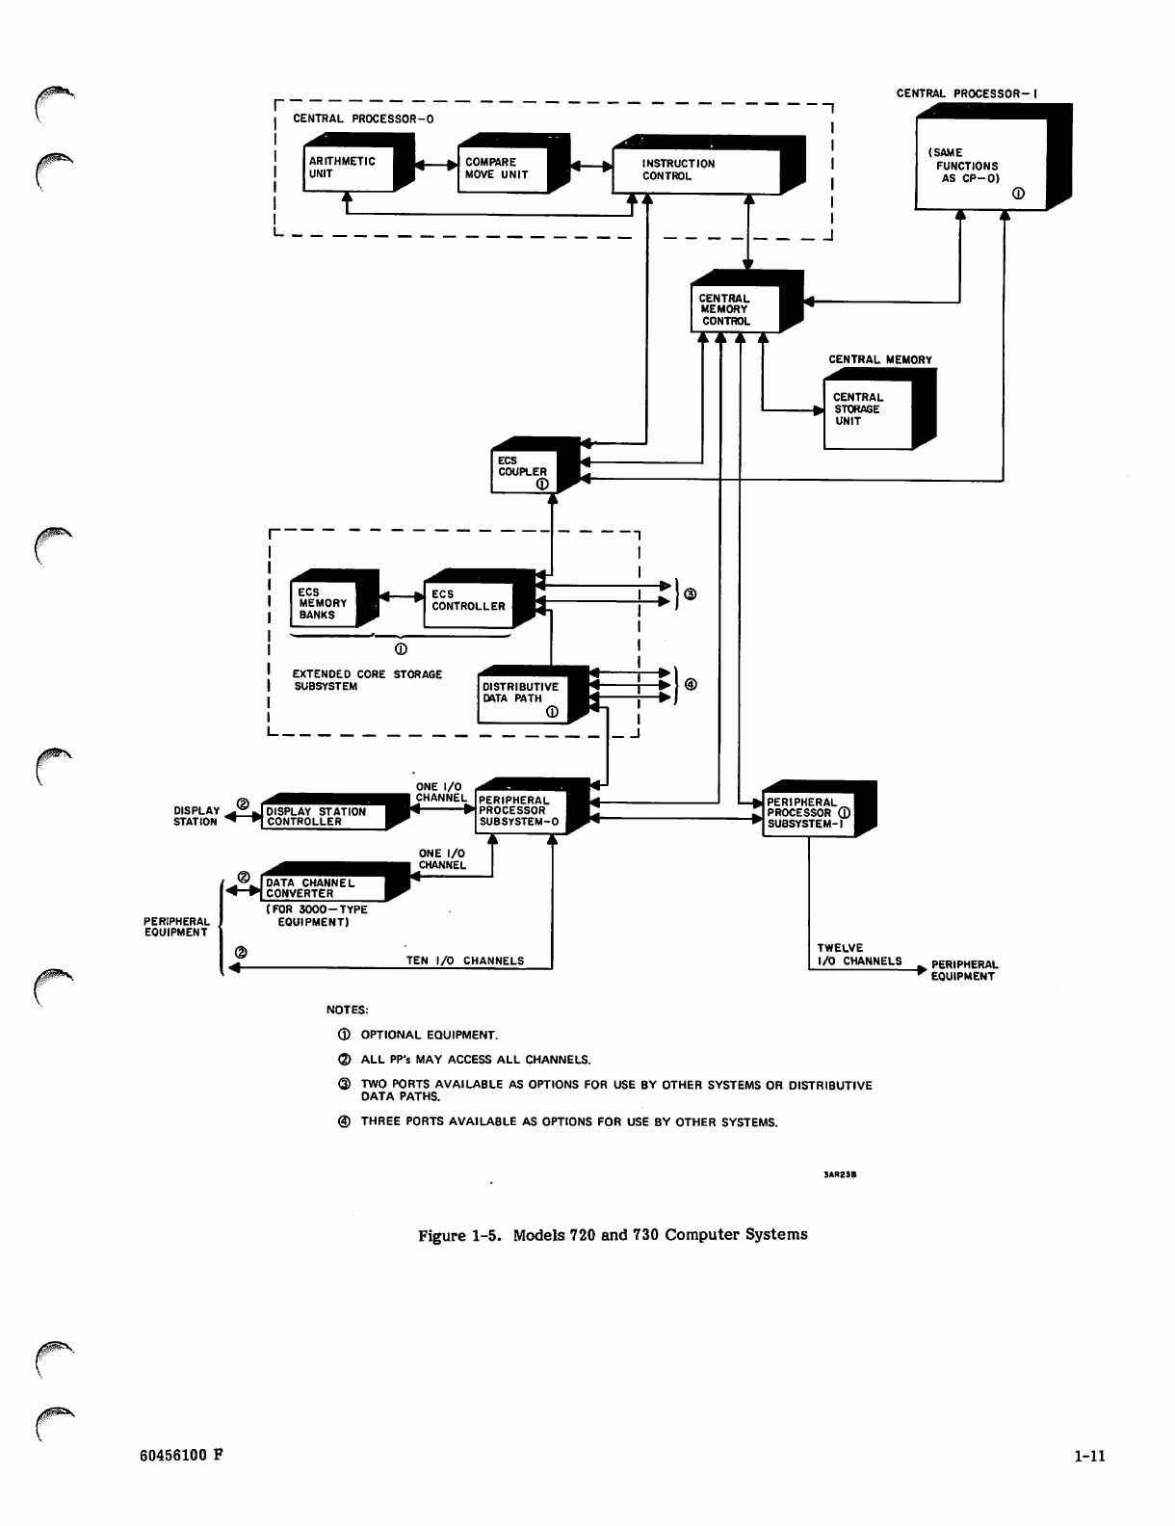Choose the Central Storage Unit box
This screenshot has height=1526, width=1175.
tap(868, 410)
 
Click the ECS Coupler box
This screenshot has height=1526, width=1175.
tap(524, 471)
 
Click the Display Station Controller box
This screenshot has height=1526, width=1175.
tap(323, 817)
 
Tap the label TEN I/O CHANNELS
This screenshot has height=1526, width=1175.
tap(465, 960)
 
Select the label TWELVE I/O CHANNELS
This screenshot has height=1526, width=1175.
tap(859, 954)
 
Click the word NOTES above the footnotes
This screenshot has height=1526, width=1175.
tap(348, 1011)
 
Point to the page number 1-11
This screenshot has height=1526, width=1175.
tap(1089, 1457)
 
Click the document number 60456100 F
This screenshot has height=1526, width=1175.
tap(182, 1456)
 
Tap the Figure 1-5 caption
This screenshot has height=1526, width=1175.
tap(612, 1234)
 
